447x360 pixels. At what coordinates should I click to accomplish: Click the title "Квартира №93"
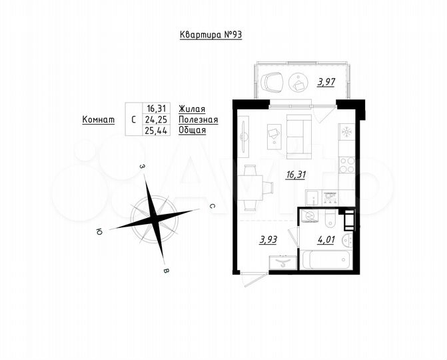[210, 35]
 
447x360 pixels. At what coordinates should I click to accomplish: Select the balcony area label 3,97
[326, 83]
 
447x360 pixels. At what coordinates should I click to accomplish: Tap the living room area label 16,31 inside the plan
[296, 175]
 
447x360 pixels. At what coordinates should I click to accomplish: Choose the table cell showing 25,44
[158, 130]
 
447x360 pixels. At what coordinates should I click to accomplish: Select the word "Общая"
[192, 130]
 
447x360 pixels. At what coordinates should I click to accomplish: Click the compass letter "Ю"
[99, 231]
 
